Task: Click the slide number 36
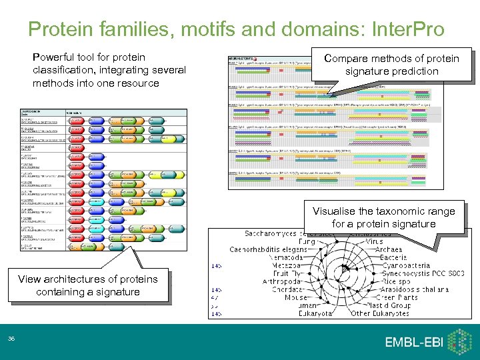tap(11, 339)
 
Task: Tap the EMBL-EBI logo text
tap(414, 342)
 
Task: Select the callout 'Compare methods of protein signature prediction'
tap(391, 65)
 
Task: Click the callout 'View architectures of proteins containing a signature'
tap(88, 285)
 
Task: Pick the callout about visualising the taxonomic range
tap(383, 217)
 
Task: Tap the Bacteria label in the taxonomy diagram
tap(393, 257)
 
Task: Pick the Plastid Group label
tap(399, 305)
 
